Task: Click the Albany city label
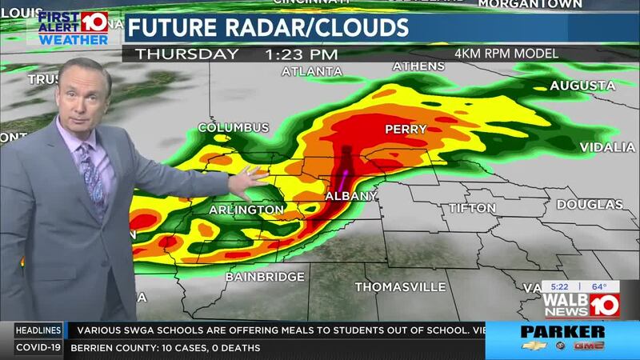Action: click(x=350, y=197)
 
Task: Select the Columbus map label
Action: click(x=234, y=127)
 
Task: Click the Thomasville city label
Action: click(x=400, y=286)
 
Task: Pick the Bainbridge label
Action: click(x=265, y=277)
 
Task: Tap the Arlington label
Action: click(x=246, y=210)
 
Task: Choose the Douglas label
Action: click(x=590, y=205)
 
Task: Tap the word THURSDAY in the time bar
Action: click(x=186, y=54)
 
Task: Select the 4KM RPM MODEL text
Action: click(x=506, y=54)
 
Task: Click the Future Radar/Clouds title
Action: click(x=268, y=27)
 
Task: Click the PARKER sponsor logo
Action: click(x=562, y=331)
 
